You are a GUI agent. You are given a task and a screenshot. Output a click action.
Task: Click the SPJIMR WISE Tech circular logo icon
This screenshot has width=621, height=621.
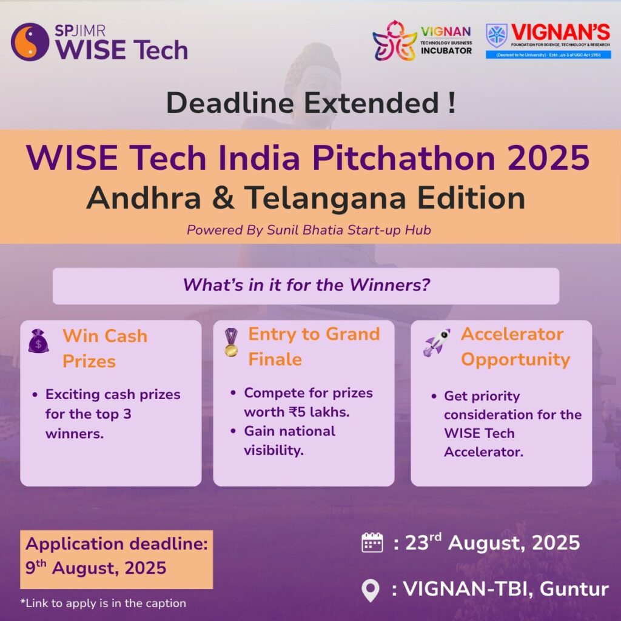[30, 42]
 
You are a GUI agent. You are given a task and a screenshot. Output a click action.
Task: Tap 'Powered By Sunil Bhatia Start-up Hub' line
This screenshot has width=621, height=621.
[309, 230]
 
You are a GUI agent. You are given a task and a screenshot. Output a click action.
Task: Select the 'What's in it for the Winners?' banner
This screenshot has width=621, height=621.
[306, 286]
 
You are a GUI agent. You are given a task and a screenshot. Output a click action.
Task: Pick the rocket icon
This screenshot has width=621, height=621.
[437, 342]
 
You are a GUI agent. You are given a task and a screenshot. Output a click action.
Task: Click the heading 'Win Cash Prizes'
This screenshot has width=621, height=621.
[105, 348]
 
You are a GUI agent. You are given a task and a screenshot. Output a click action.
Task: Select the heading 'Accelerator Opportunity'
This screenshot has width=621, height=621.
[515, 346]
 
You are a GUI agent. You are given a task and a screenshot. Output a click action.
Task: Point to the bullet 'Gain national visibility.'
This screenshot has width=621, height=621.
[289, 440]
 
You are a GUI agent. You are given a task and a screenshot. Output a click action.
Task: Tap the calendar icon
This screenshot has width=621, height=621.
[372, 543]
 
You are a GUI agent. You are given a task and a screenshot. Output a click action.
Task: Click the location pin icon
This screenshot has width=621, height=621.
[370, 589]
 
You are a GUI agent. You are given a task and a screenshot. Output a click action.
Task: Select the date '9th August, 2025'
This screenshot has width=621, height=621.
[96, 568]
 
